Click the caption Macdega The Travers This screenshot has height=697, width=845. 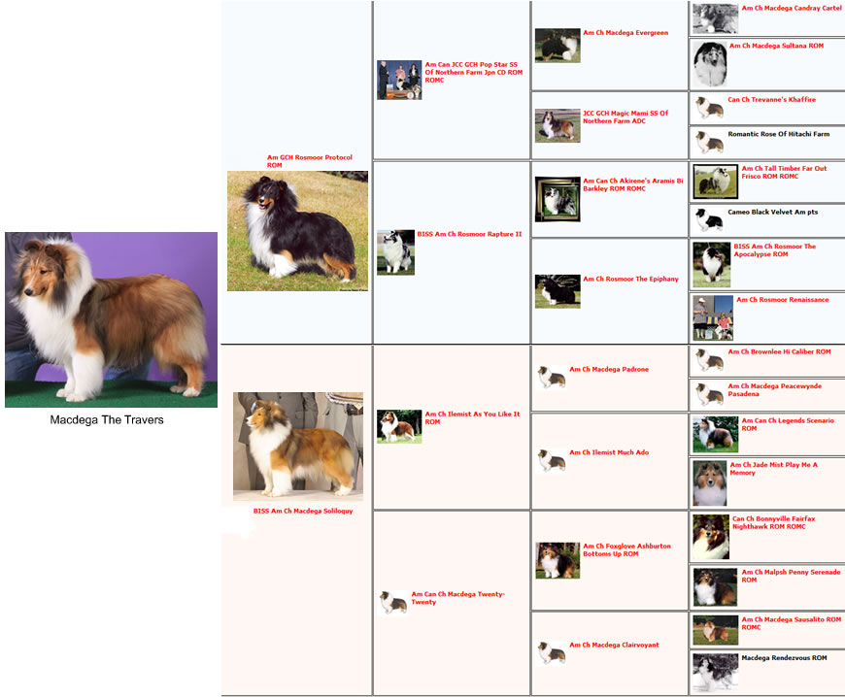tap(107, 419)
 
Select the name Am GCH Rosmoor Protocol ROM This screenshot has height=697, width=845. tap(309, 161)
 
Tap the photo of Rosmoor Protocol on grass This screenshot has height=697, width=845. tap(297, 231)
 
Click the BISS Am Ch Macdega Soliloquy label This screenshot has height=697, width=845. tap(303, 511)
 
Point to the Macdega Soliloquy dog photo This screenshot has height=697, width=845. tap(298, 447)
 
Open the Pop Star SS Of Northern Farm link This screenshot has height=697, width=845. tap(473, 72)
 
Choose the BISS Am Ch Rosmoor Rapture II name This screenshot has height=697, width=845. tap(469, 234)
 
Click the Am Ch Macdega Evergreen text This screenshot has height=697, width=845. tap(625, 33)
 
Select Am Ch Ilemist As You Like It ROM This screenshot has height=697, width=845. tap(472, 418)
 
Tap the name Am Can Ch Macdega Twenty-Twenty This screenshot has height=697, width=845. tap(458, 598)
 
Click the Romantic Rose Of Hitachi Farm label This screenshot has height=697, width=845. tap(779, 134)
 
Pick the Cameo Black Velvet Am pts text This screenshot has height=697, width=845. tap(773, 212)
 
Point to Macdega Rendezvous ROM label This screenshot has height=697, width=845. tap(784, 657)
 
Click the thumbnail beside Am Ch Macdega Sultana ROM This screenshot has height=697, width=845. tap(710, 64)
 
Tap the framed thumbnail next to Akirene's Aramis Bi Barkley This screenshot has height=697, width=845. tap(558, 200)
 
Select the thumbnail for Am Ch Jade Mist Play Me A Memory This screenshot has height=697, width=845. tap(710, 483)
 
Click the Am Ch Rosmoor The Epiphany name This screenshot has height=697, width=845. tap(630, 279)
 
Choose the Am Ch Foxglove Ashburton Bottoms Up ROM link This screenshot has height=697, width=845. tap(626, 550)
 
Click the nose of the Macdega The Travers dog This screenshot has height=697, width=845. tap(27, 292)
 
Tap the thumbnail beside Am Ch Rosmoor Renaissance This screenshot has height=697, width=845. tap(713, 317)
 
